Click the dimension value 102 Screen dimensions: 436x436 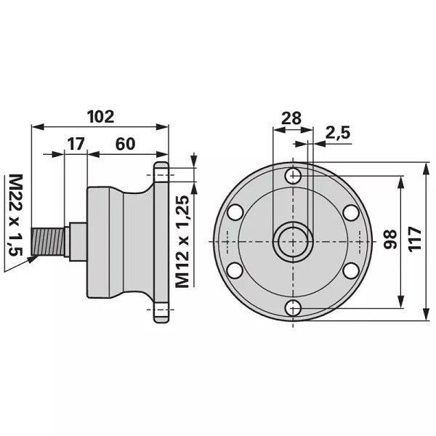[101, 117]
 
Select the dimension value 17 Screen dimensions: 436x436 [76, 144]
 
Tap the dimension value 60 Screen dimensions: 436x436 [126, 144]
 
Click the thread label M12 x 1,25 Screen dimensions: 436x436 [182, 241]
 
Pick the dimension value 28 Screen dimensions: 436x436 [291, 118]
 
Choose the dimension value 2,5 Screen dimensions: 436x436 [338, 133]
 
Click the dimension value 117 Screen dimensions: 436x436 [415, 239]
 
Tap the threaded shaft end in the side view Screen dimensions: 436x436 [48, 241]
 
